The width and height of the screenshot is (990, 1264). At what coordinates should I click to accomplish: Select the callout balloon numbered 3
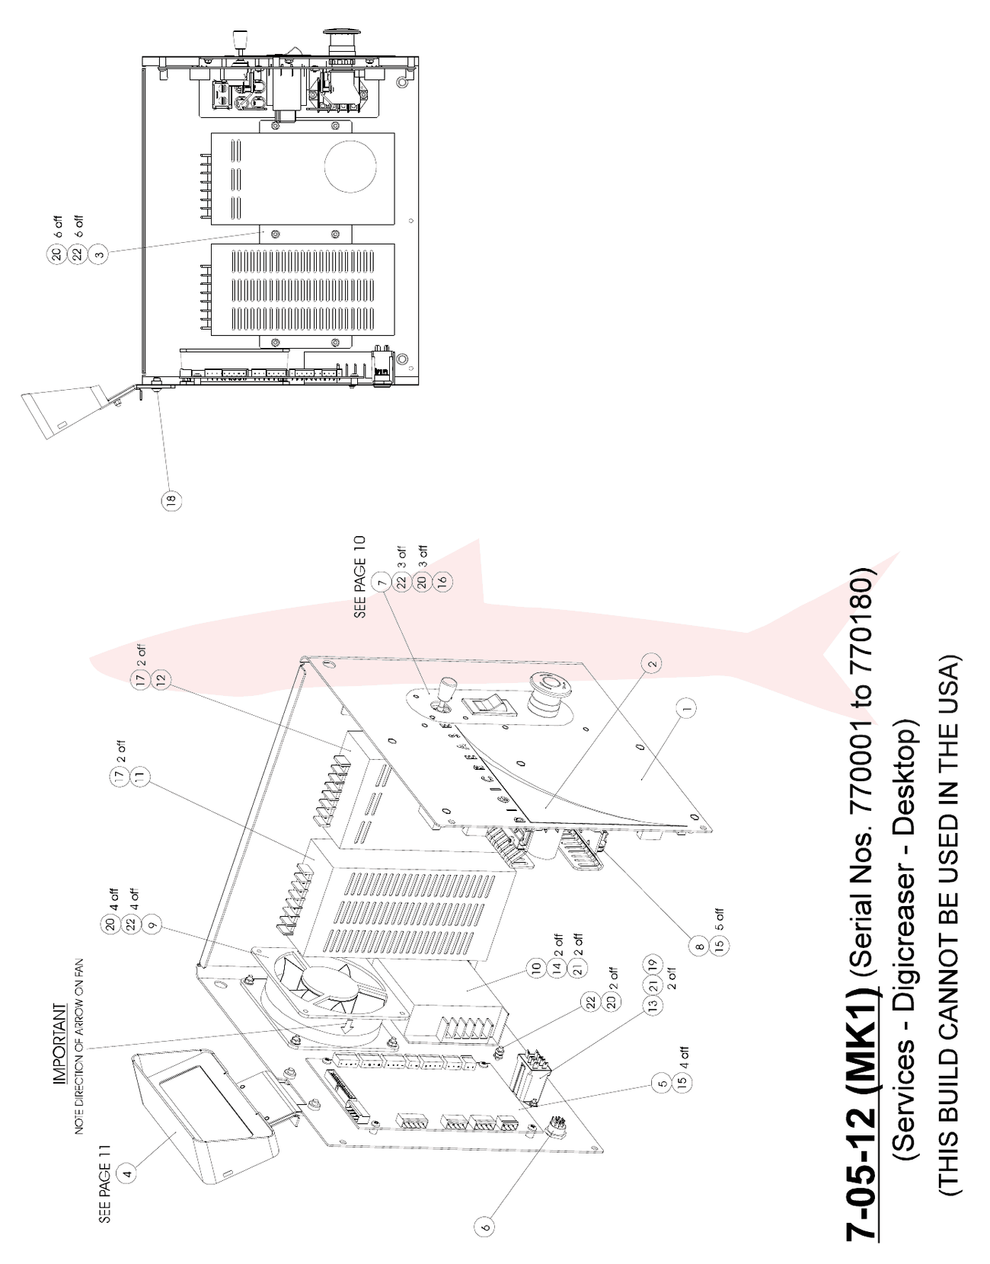pos(100,254)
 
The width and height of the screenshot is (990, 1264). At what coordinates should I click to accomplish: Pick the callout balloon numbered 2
pos(653,663)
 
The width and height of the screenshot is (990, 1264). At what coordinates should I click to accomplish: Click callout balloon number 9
pos(152,924)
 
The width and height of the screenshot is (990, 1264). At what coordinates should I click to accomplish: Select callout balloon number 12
pos(161,678)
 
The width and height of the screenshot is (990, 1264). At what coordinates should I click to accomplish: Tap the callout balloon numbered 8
pos(700,946)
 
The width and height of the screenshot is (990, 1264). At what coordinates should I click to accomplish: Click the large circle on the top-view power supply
pos(352,165)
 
